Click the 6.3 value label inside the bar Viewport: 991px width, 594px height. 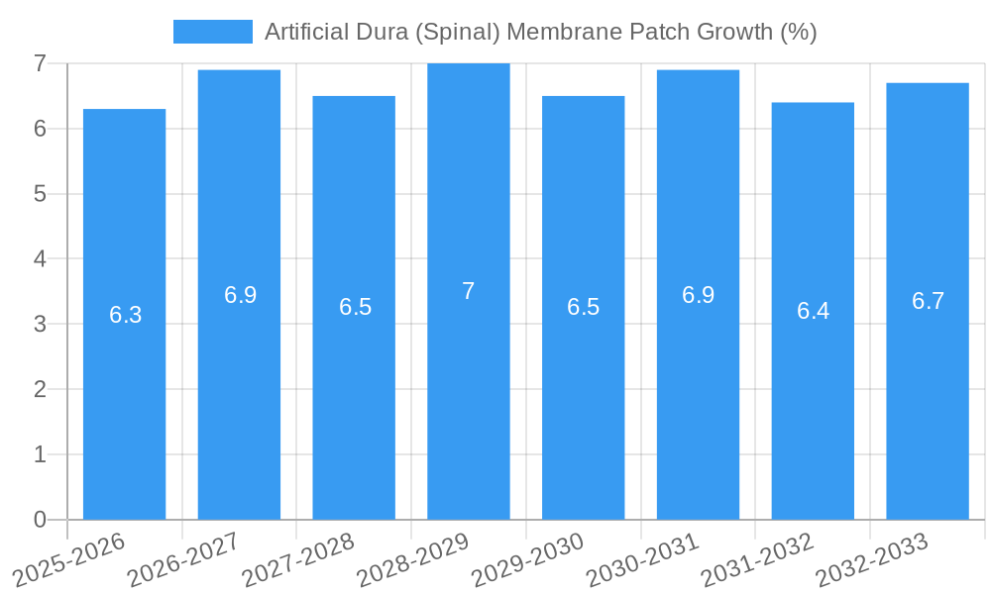coord(126,315)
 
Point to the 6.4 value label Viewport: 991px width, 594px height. coord(813,311)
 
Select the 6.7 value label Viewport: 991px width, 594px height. coord(928,302)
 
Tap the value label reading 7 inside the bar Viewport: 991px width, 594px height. coord(469,291)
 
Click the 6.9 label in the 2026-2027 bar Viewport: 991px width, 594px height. coord(240,295)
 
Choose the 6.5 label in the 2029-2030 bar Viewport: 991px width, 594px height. coord(584,307)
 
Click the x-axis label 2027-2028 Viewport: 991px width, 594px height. coord(298,559)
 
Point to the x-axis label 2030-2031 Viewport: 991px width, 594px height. coord(642,559)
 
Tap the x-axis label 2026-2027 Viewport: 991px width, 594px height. coord(183,559)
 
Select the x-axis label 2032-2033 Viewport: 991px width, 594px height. coord(871,559)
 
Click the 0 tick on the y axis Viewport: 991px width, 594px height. coord(40,520)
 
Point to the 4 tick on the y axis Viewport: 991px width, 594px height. coord(40,259)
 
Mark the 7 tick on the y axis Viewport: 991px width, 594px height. coord(40,64)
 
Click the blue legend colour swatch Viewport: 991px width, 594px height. coord(213,32)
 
